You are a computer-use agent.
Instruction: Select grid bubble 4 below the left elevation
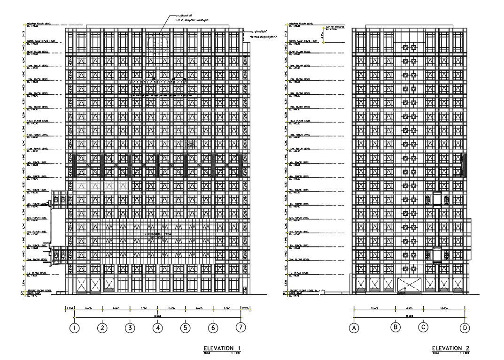pos(158,328)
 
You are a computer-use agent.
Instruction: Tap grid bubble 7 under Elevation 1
pos(240,327)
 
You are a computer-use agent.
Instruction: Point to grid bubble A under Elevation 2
pos(354,328)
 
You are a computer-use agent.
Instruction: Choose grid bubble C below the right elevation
pos(423,327)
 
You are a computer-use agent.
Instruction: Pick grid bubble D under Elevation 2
pos(465,328)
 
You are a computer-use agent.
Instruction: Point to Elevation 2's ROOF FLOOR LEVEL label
pos(300,52)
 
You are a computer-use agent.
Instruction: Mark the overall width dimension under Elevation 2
pos(409,316)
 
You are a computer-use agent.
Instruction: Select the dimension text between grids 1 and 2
pos(88,309)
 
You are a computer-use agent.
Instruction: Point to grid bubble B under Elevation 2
pos(396,327)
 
